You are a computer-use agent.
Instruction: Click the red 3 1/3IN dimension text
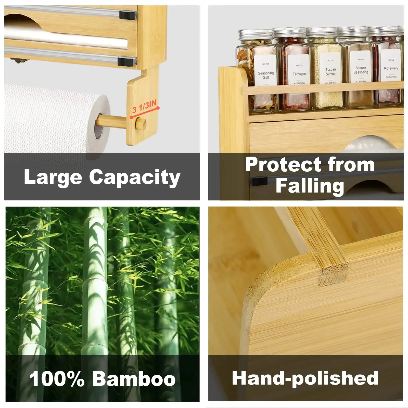point(144,107)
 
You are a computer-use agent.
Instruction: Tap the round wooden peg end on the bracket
point(141,124)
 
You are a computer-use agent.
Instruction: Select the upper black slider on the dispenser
point(128,15)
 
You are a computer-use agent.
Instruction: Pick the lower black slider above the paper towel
point(126,61)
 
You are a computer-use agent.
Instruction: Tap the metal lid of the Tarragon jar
point(289,33)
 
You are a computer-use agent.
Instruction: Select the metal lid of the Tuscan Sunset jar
point(322,32)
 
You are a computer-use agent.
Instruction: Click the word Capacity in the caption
point(135,177)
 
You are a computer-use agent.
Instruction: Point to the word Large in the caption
point(53,177)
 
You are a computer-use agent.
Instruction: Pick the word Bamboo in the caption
point(134,379)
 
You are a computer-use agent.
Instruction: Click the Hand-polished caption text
point(305,378)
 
